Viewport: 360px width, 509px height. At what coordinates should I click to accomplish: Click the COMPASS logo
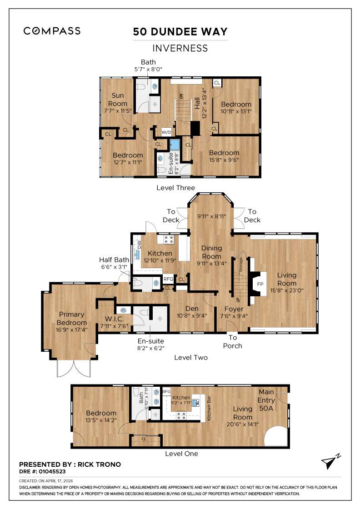coord(52,31)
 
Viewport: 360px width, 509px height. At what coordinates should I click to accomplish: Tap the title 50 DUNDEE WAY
coord(180,32)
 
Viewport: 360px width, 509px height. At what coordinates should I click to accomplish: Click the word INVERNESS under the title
coord(180,48)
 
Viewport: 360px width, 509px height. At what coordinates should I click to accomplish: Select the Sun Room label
coord(118,100)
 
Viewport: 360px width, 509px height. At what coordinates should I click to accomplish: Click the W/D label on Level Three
coord(166,133)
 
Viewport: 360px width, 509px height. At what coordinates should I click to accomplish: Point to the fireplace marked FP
coord(260,284)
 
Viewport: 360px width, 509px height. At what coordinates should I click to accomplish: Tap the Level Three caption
coord(175,188)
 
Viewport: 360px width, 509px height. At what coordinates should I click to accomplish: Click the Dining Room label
coord(211,252)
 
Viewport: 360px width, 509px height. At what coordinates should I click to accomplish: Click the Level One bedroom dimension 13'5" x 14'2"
coord(101,420)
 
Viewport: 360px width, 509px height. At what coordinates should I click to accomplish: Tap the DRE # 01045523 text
coord(42,472)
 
